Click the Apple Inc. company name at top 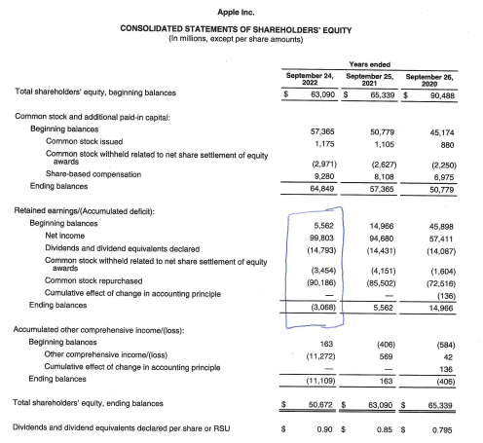point(241,9)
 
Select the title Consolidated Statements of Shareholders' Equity point(241,28)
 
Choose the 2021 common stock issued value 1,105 point(380,141)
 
